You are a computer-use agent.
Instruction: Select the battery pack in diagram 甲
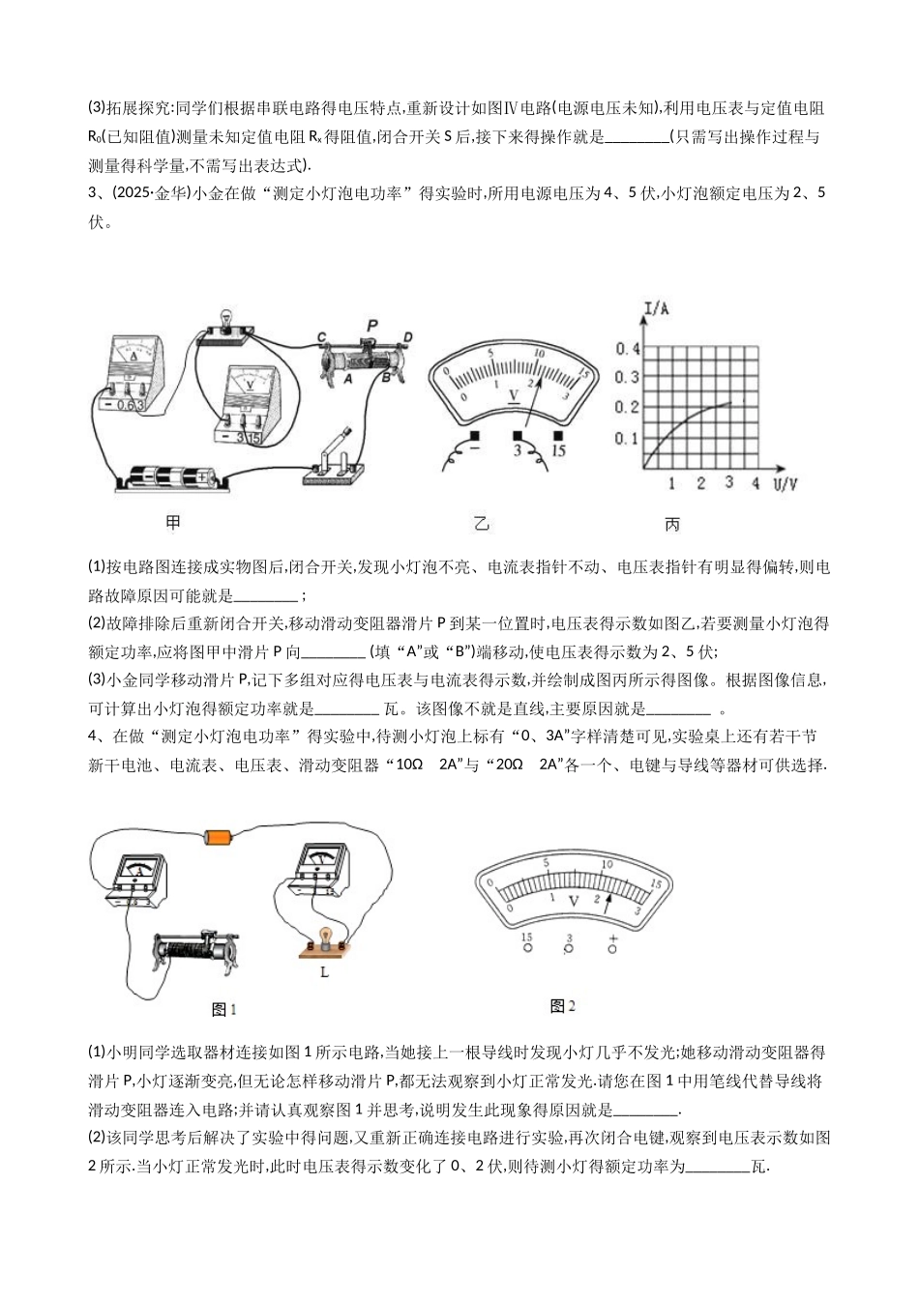coord(171,477)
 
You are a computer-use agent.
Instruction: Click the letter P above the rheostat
coord(371,325)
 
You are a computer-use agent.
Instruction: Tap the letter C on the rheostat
coord(321,336)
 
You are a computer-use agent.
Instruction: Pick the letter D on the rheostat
coord(407,336)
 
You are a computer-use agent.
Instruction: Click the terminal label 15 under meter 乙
coord(558,450)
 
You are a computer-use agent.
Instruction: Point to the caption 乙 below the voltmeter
coord(481,524)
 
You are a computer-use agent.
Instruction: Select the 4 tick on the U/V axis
coord(756,482)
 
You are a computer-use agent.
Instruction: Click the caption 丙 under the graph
coord(672,524)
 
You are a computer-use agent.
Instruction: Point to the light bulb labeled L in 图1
coord(326,940)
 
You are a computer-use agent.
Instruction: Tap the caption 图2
coord(562,1006)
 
